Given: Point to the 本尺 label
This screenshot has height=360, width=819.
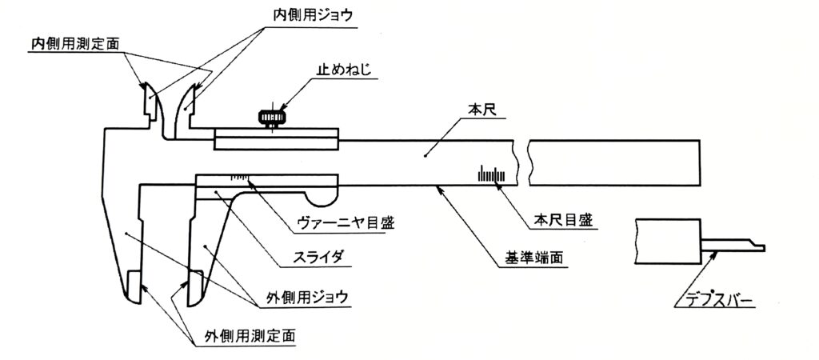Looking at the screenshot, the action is (x=478, y=110).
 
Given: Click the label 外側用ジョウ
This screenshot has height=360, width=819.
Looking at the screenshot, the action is (x=307, y=298).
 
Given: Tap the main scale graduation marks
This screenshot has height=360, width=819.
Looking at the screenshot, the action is (x=492, y=174).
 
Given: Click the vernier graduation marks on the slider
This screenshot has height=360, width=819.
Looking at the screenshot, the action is (x=239, y=178).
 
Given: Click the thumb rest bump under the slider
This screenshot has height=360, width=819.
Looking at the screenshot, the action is (x=322, y=199).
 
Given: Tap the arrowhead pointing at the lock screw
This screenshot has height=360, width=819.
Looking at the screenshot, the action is (x=283, y=109).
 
